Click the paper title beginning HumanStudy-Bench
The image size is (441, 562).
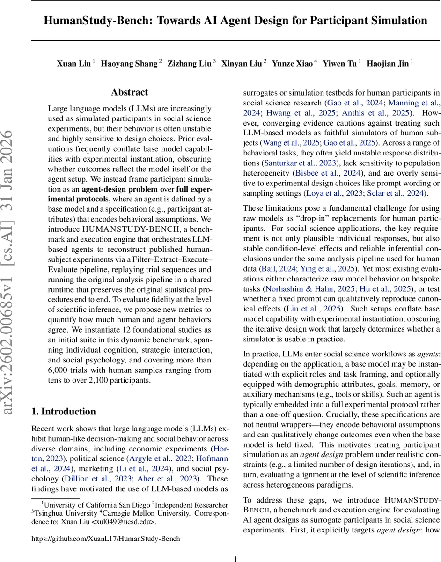235,21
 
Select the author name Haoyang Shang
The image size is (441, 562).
132,63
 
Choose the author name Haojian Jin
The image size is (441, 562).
388,63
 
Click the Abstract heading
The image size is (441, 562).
130,92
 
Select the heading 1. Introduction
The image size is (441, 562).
64,411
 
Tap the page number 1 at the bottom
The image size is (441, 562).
235,546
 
